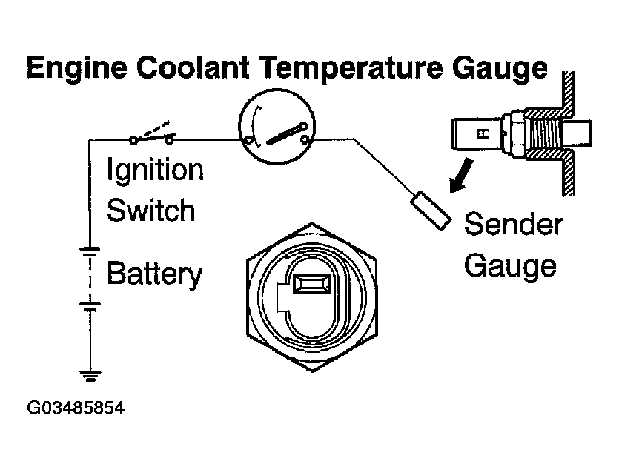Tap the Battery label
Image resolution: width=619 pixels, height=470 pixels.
click(x=155, y=274)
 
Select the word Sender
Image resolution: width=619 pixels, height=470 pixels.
click(x=514, y=225)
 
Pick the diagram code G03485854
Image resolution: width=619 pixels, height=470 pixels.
click(x=75, y=408)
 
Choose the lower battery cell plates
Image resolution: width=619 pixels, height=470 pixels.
click(x=90, y=305)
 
